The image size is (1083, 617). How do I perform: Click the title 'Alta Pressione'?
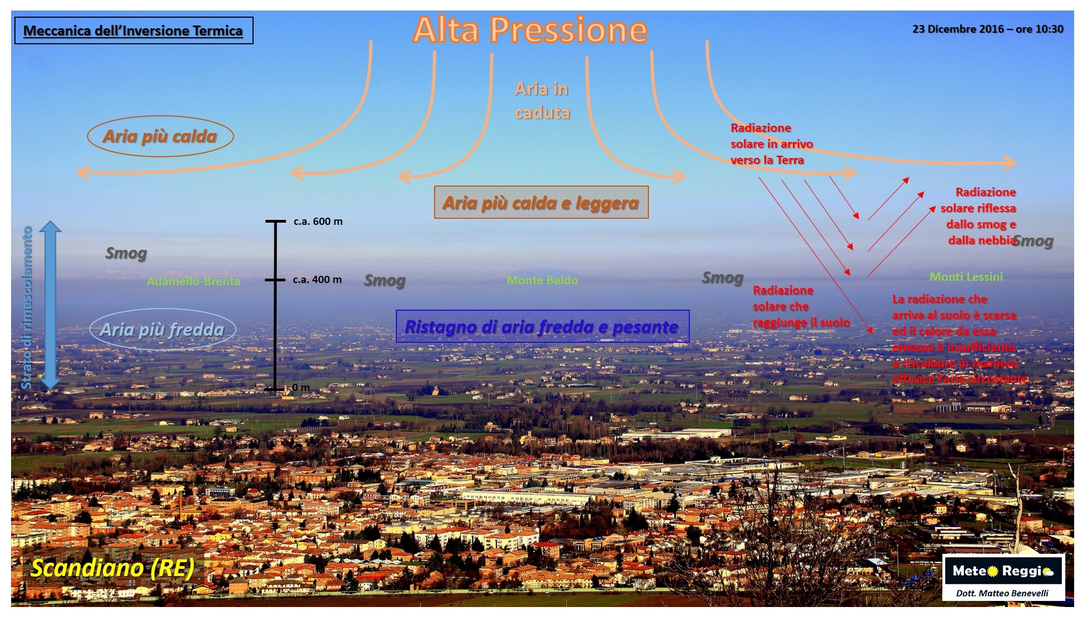[x=530, y=30]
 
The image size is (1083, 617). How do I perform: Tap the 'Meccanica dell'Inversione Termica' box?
[x=133, y=30]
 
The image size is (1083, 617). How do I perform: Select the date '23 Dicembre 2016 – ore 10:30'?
[x=987, y=29]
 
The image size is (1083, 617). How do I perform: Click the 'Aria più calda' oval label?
[x=160, y=136]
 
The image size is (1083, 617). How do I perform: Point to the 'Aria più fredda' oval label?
[x=162, y=330]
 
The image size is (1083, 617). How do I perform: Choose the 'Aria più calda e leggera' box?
[x=541, y=203]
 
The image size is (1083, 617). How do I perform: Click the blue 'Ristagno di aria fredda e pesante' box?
[x=542, y=326]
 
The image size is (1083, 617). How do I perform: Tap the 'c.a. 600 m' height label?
[x=318, y=222]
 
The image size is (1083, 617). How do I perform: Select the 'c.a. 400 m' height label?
[x=317, y=280]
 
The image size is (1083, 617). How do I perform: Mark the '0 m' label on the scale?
[x=301, y=387]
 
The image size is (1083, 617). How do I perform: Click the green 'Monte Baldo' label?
[x=542, y=280]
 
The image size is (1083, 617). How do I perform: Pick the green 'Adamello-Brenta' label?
[x=193, y=281]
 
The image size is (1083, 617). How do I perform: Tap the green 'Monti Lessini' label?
[x=966, y=277]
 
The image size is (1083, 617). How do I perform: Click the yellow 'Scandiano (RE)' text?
[x=112, y=568]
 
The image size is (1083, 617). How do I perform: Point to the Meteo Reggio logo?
[x=1003, y=571]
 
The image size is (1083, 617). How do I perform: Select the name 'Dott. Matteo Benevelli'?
[x=1002, y=593]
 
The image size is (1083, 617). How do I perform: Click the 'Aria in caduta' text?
[x=542, y=101]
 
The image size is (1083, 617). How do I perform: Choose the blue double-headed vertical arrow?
[x=50, y=305]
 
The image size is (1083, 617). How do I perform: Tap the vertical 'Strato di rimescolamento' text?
[x=27, y=307]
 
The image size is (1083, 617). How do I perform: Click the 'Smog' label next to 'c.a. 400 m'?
[x=385, y=280]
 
